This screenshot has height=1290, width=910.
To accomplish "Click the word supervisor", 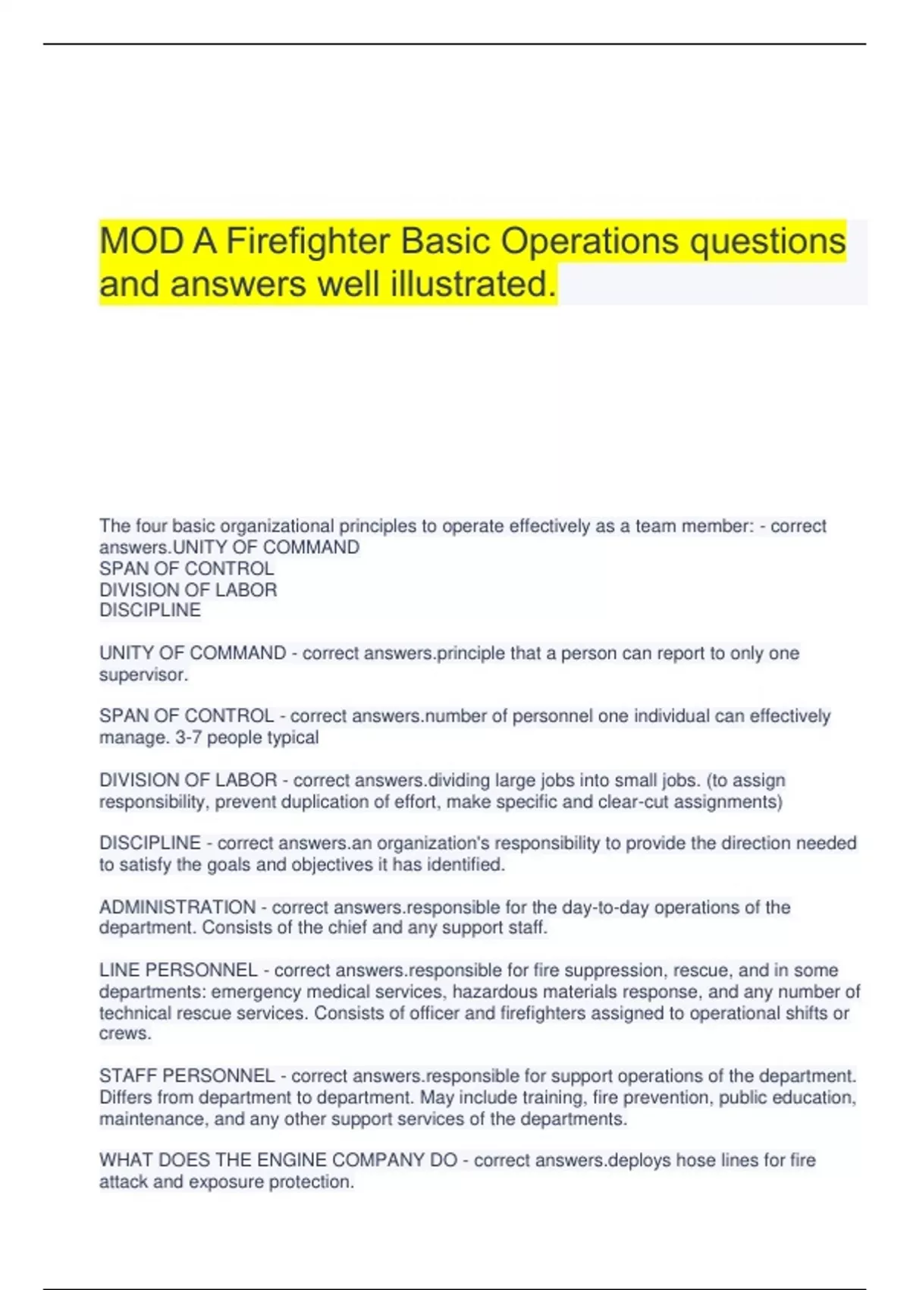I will pyautogui.click(x=143, y=675).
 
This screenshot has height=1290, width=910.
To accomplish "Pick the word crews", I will pyautogui.click(x=125, y=1034).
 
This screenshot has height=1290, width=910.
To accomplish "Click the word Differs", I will pyautogui.click(x=126, y=1097).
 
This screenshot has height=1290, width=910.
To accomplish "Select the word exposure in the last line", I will pyautogui.click(x=224, y=1181).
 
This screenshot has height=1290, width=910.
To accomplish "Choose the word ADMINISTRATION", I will pyautogui.click(x=177, y=908).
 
